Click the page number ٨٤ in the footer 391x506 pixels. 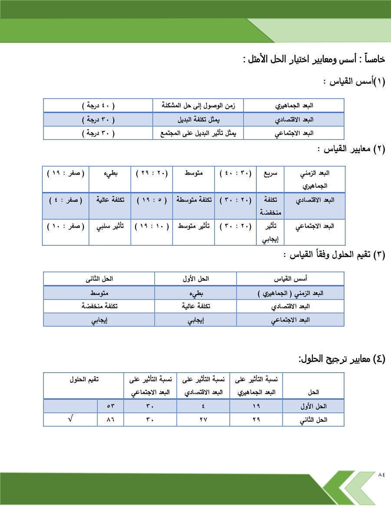381,474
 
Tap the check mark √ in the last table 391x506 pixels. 71,420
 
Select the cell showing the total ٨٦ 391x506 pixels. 110,420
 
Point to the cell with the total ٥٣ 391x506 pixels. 110,406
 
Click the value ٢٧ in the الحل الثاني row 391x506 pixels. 203,420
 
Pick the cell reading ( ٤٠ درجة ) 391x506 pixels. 98,106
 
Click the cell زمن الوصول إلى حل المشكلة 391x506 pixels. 198,106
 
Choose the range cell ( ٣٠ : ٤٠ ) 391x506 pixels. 235,173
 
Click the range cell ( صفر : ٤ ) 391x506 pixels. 66,200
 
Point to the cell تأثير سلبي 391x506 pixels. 110,226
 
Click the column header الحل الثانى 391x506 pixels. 99,278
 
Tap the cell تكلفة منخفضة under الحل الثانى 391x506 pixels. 99,306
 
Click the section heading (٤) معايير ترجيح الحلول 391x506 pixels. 341,359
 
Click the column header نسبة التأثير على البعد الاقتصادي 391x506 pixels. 203,386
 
